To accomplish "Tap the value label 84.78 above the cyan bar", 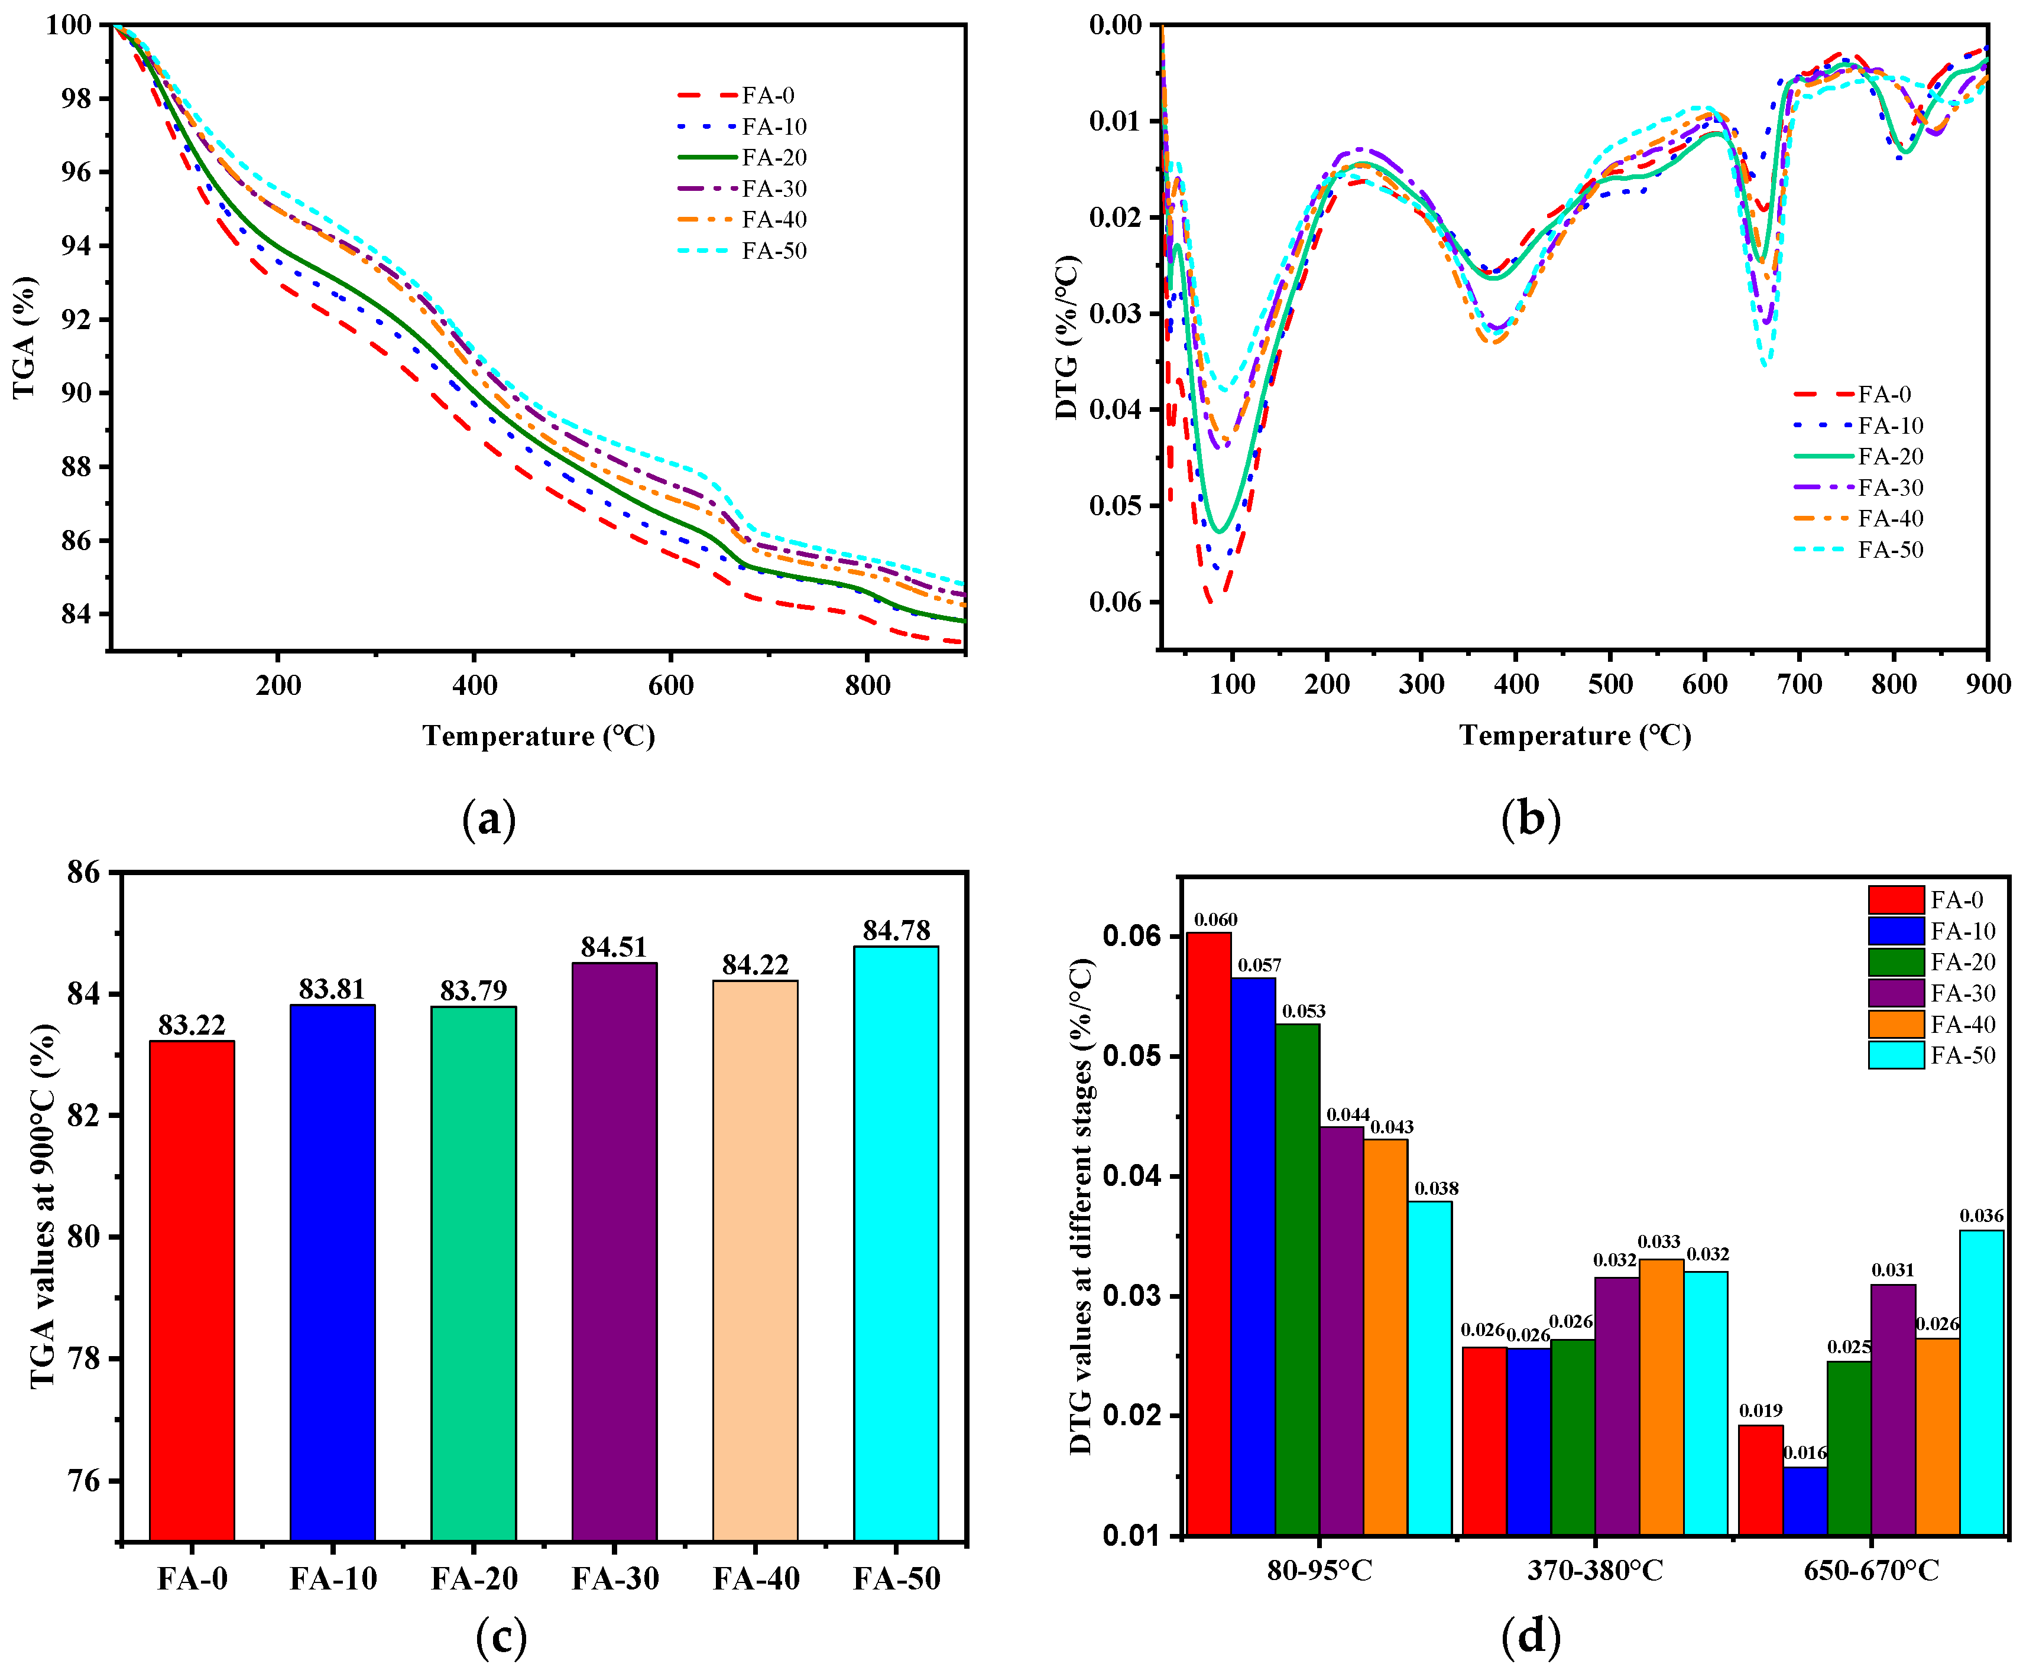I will click(x=896, y=931).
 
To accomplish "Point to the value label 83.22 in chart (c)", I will click(x=192, y=1025).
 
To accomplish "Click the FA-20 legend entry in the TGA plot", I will click(x=743, y=157).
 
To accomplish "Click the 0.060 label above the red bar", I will click(x=1215, y=920).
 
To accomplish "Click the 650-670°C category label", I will click(x=1871, y=1571).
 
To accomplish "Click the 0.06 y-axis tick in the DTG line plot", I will click(x=1116, y=602).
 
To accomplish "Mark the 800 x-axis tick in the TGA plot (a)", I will click(x=867, y=685).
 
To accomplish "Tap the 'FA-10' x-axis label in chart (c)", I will click(x=333, y=1578).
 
